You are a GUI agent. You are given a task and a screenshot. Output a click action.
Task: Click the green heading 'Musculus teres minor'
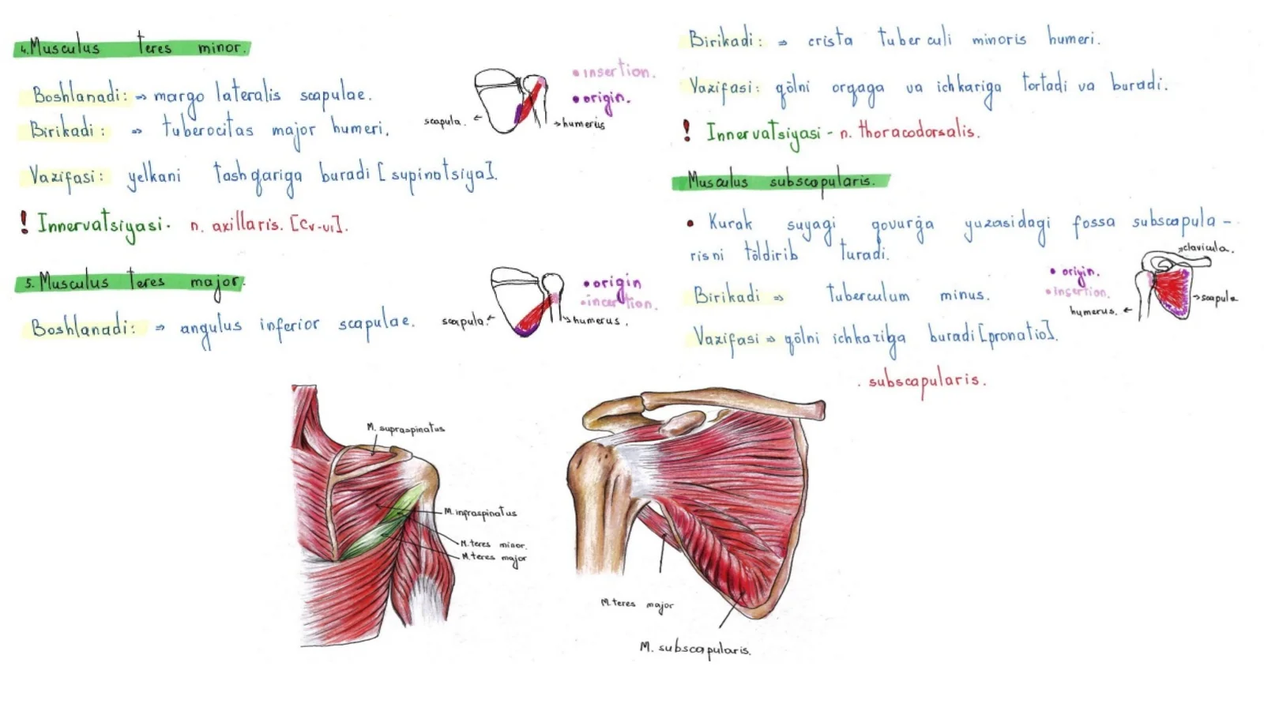point(132,47)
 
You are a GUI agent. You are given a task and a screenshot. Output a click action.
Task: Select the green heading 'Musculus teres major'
point(130,282)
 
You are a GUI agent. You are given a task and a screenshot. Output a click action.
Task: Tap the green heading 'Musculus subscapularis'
point(781,182)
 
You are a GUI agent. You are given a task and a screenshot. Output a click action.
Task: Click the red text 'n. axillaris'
point(235,225)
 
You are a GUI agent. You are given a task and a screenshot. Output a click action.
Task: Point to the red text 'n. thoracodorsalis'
point(909,132)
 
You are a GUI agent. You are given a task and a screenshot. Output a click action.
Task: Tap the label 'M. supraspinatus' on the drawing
point(405,429)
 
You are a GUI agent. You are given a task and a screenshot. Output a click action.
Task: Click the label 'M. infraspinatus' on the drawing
point(480,513)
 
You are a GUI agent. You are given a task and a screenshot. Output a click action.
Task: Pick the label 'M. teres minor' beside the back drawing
point(493,544)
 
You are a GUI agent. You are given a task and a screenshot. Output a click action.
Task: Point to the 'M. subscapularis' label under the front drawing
point(695,649)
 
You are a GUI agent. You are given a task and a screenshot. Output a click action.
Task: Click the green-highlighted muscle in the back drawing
point(379,525)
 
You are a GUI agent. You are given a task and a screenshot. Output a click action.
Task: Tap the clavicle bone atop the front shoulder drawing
point(735,402)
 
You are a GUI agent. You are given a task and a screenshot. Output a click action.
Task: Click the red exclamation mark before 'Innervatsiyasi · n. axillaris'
point(24,222)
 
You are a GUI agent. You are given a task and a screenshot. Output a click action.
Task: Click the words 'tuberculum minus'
point(908,295)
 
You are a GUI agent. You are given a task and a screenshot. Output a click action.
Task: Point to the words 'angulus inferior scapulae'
point(296,325)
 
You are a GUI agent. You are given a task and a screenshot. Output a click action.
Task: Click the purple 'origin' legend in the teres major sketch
point(612,283)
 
